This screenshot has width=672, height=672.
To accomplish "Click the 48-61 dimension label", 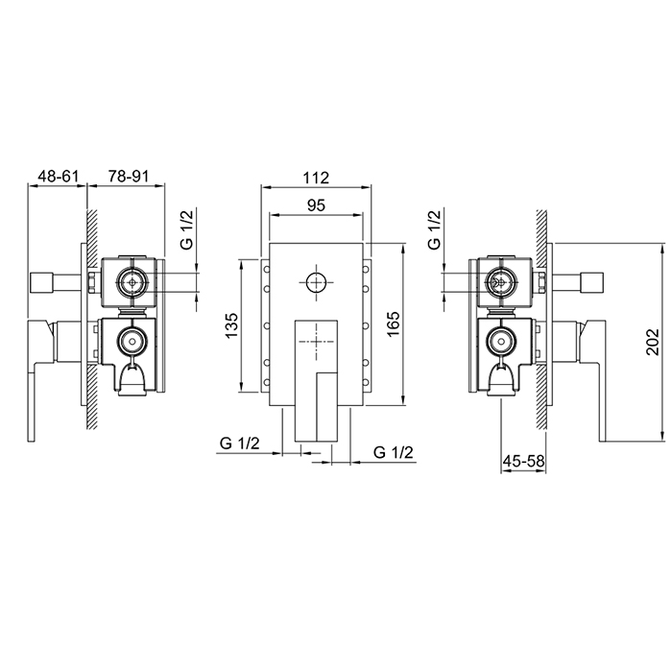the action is (x=59, y=176).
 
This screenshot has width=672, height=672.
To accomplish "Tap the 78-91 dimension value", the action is (x=128, y=176).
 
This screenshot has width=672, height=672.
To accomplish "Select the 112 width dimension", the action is (x=316, y=178).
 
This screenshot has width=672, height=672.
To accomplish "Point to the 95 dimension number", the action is (x=316, y=205).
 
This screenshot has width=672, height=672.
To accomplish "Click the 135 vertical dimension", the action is (x=231, y=324).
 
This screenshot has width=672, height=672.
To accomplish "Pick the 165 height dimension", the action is (x=393, y=324).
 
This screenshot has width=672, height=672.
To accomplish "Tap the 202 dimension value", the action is (x=652, y=342).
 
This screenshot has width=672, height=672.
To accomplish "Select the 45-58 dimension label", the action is (x=523, y=461).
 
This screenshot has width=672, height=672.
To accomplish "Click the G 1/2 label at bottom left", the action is (x=240, y=443).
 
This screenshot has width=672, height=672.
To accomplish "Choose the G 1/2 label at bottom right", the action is (x=394, y=452).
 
